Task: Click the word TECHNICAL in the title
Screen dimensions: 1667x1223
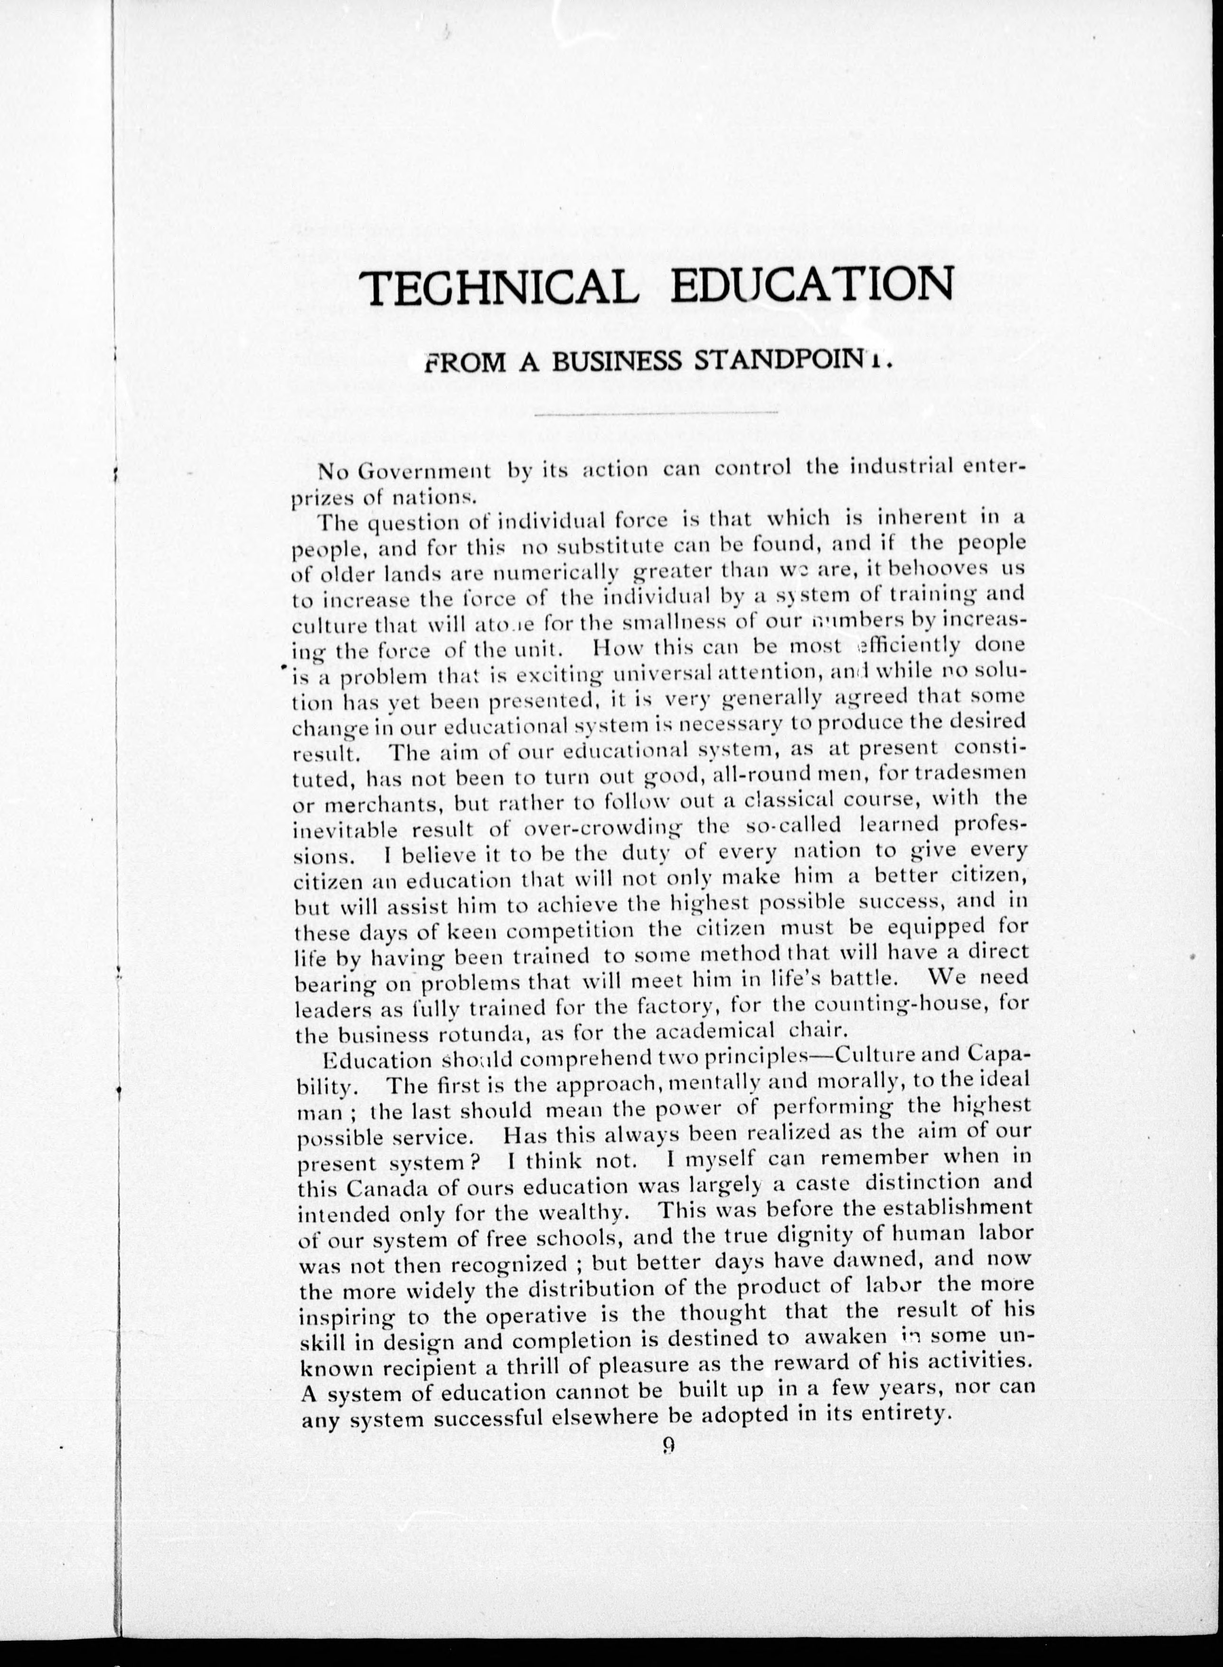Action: [501, 290]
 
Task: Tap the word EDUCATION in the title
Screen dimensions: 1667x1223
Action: [810, 289]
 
